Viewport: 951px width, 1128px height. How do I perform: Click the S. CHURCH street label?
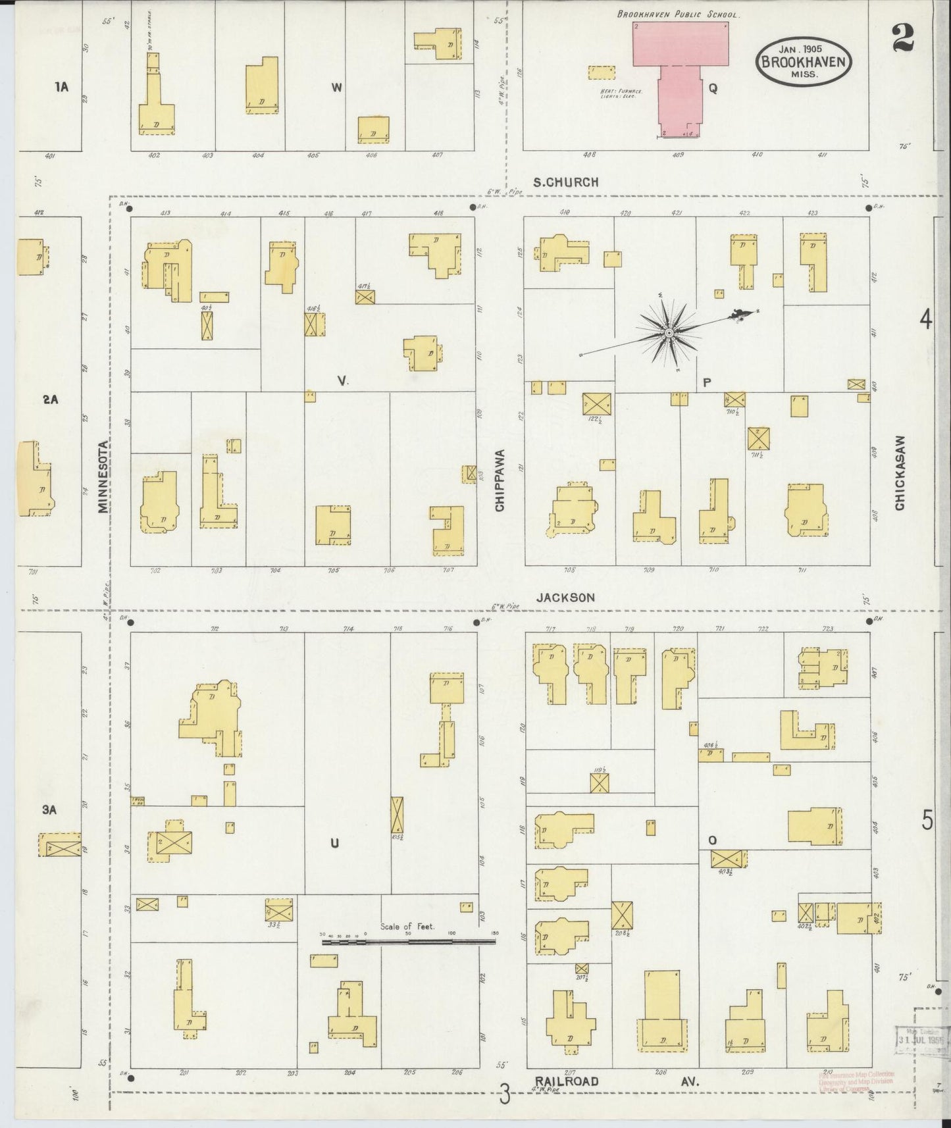coord(565,182)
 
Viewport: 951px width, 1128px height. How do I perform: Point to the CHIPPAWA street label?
coord(500,480)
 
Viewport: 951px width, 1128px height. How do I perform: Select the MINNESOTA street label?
coord(103,476)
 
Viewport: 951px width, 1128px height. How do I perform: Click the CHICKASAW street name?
coord(900,473)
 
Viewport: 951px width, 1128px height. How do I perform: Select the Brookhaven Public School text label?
coord(678,14)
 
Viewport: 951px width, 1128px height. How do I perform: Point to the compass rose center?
coord(669,334)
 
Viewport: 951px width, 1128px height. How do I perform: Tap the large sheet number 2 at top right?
coord(903,38)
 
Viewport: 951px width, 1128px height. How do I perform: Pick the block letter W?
coord(336,88)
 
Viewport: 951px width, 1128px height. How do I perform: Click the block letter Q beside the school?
coord(712,88)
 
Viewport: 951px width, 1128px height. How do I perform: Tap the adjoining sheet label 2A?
coord(51,399)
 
